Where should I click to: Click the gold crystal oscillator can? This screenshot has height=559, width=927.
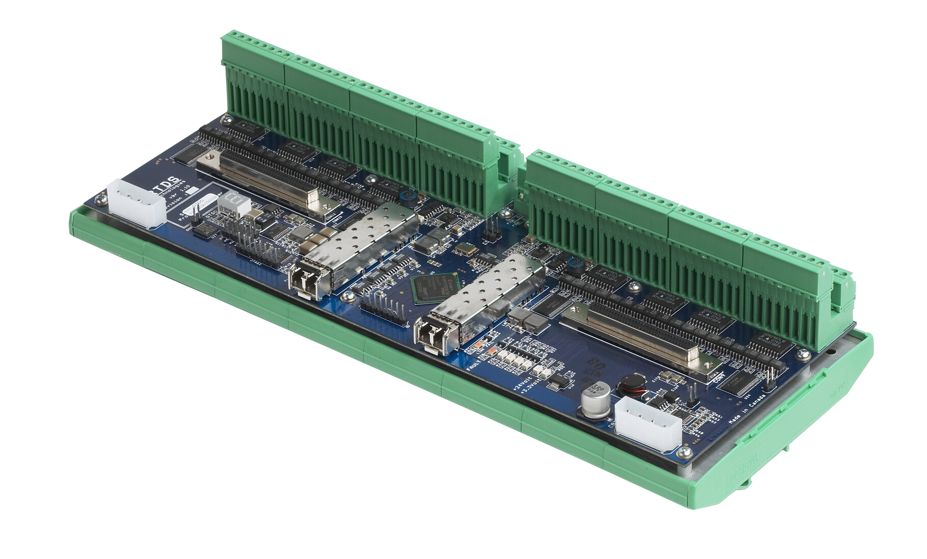[x=465, y=249]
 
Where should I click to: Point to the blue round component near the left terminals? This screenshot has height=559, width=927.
[x=407, y=195]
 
